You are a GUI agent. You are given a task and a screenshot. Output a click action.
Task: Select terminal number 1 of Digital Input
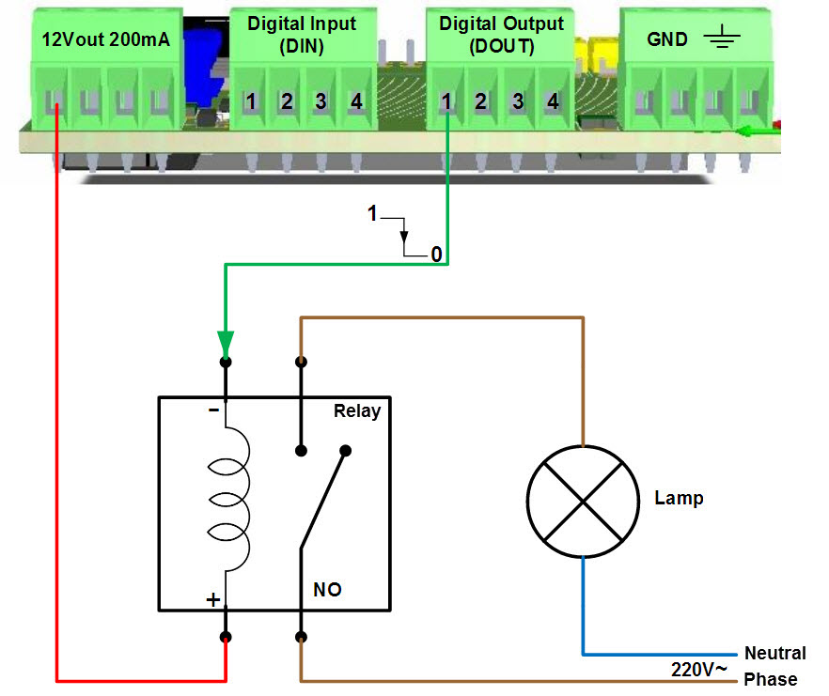tap(251, 101)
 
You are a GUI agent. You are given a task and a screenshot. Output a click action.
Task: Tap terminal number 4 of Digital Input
tap(355, 101)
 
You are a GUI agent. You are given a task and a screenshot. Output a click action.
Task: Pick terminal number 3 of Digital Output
tap(518, 101)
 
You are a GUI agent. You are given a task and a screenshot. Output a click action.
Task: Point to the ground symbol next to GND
tap(720, 39)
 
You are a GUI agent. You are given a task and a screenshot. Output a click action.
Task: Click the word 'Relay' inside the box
tap(357, 411)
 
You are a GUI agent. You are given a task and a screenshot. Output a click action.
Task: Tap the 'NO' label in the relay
tap(327, 590)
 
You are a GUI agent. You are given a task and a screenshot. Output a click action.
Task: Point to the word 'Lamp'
tap(679, 498)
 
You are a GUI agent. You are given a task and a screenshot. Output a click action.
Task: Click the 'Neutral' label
tap(774, 654)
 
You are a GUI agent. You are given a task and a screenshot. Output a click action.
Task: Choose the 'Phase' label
tap(770, 679)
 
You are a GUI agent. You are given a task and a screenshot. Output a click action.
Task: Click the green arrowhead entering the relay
tap(226, 340)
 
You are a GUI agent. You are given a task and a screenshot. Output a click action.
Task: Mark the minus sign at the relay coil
tap(213, 410)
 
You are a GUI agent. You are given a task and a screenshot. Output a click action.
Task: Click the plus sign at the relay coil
tap(213, 599)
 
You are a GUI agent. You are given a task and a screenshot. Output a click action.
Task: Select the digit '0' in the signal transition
tap(435, 255)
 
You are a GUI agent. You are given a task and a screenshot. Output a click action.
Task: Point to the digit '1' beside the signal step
tap(372, 215)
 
